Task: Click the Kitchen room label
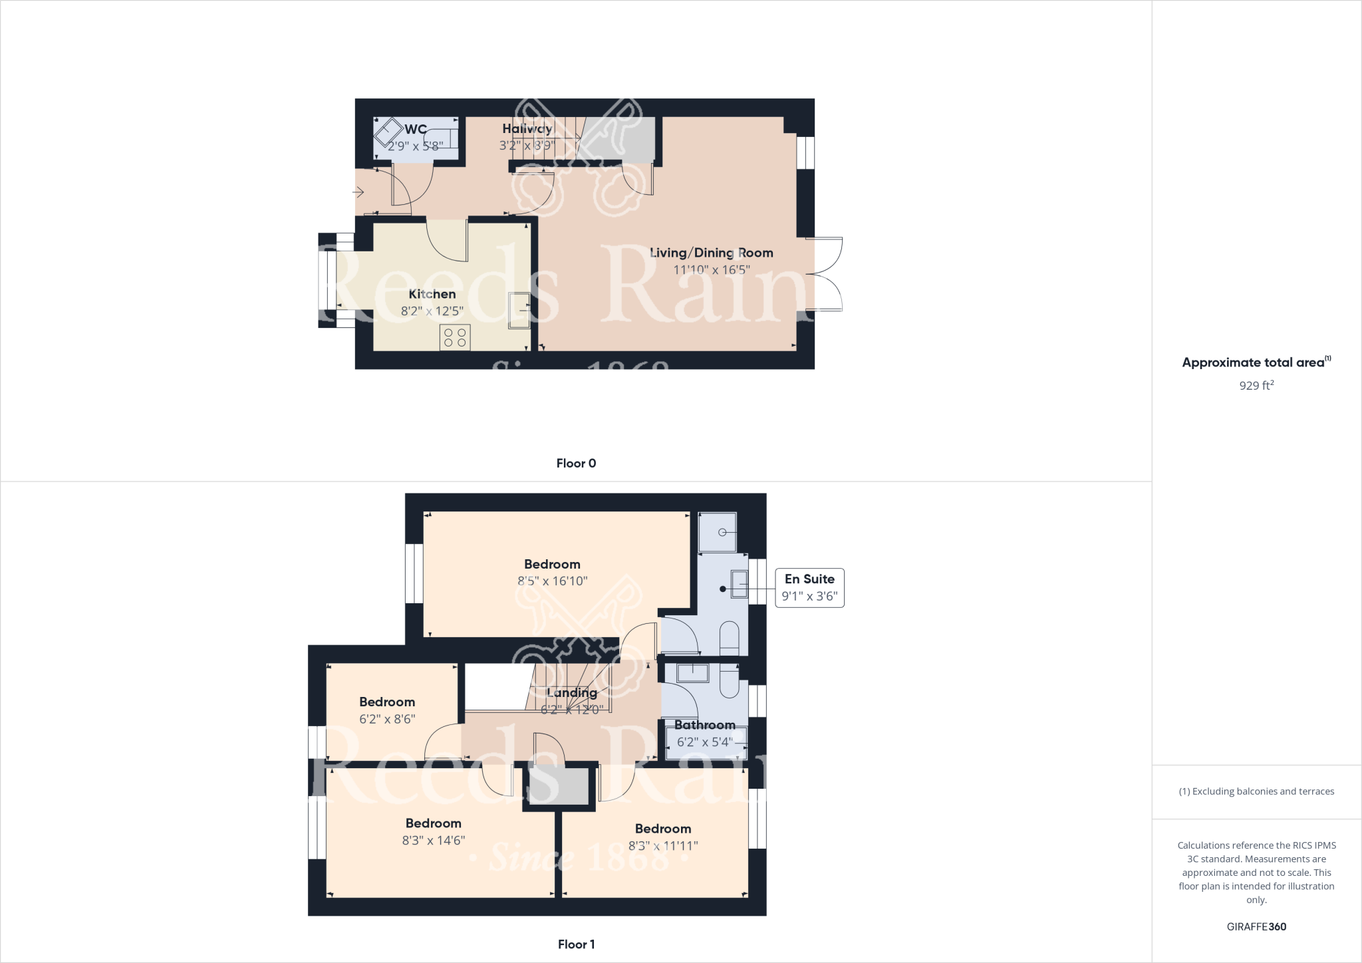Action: pyautogui.click(x=432, y=294)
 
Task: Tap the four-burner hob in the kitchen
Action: pyautogui.click(x=455, y=337)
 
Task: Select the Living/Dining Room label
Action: pyautogui.click(x=711, y=253)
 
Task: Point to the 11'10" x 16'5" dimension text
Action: pyautogui.click(x=711, y=270)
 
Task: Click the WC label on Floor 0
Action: pyautogui.click(x=416, y=129)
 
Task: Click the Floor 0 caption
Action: pyautogui.click(x=576, y=464)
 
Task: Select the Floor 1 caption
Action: pyautogui.click(x=576, y=944)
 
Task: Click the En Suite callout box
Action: pyautogui.click(x=809, y=587)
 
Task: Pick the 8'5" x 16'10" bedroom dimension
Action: pyautogui.click(x=552, y=581)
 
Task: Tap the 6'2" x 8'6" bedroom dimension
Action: pyautogui.click(x=387, y=719)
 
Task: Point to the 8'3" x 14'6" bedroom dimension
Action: pyautogui.click(x=433, y=841)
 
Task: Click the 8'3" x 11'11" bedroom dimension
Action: pyautogui.click(x=663, y=846)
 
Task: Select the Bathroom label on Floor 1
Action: pyautogui.click(x=704, y=725)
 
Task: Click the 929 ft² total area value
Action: pyautogui.click(x=1256, y=385)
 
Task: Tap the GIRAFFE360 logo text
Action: pyautogui.click(x=1256, y=926)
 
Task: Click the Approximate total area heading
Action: pyautogui.click(x=1256, y=362)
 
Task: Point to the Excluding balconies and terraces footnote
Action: pyautogui.click(x=1256, y=791)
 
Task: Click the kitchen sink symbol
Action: pyautogui.click(x=519, y=310)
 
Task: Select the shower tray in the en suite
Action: pyautogui.click(x=718, y=532)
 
